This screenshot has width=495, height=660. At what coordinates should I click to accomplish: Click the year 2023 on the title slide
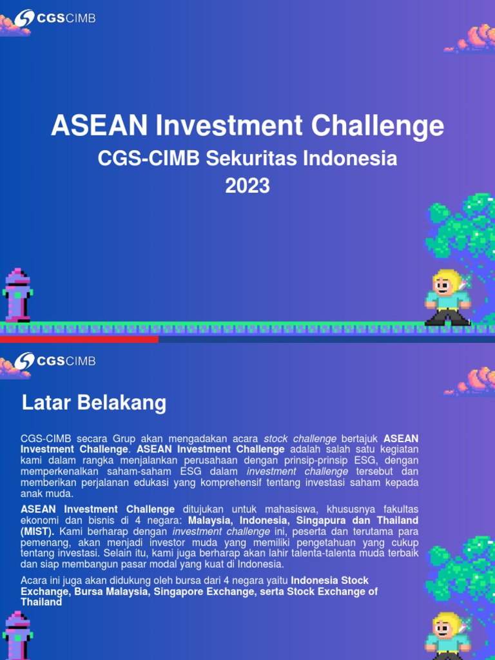(x=247, y=186)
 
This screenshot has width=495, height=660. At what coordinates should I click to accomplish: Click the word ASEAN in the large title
(x=99, y=126)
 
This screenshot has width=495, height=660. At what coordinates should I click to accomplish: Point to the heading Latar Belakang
(x=94, y=403)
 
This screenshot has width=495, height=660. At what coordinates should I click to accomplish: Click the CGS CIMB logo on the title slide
(x=55, y=18)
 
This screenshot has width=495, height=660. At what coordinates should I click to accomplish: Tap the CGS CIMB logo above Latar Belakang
(x=55, y=360)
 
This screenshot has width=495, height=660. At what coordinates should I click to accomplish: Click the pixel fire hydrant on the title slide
(x=17, y=296)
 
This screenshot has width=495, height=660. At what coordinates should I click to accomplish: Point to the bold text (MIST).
(x=37, y=532)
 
